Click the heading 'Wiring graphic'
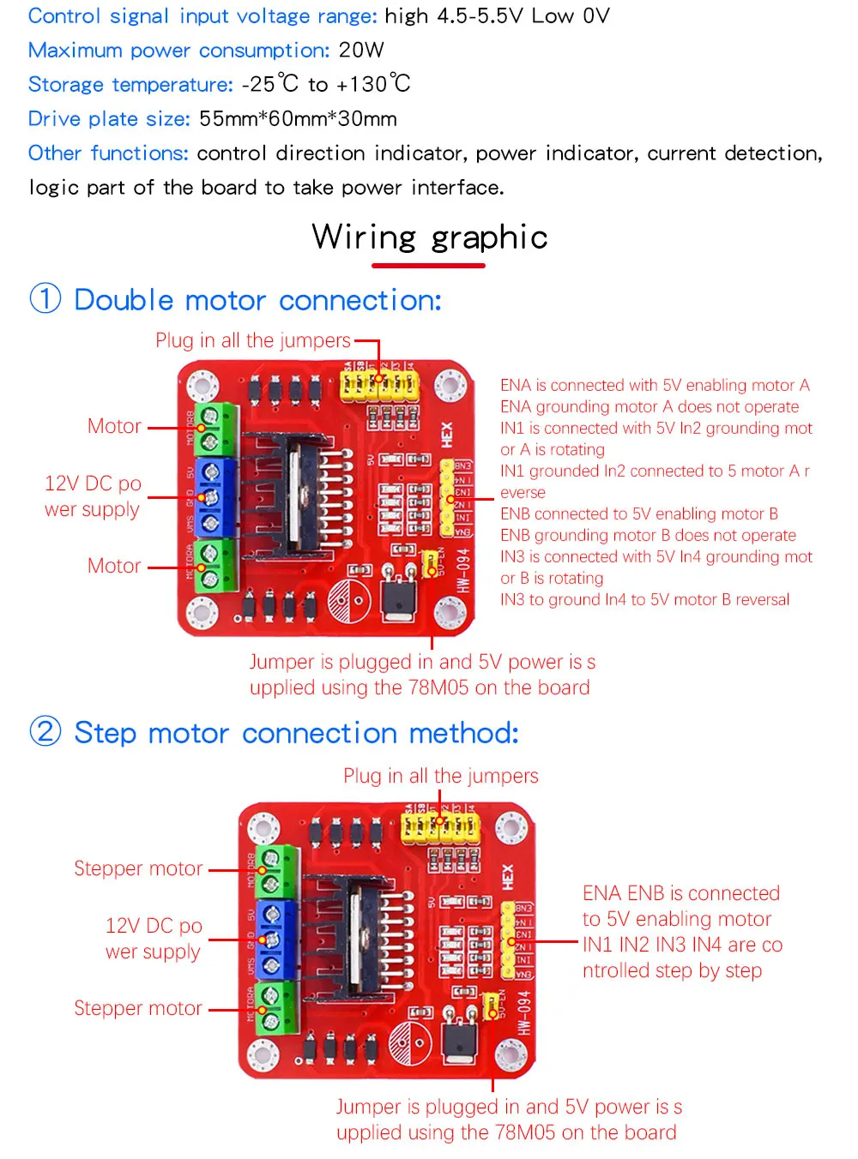[430, 237]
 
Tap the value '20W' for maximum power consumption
[361, 51]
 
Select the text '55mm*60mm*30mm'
[298, 119]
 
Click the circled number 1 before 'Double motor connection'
[45, 299]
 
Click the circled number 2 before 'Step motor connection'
[45, 732]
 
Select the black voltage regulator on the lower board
[460, 1039]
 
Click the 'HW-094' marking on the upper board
[462, 570]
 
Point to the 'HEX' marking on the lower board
[507, 876]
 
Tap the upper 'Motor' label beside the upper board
[114, 426]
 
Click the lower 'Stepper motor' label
[138, 1008]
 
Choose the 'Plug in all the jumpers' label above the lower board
[440, 776]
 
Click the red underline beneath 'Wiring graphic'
[428, 266]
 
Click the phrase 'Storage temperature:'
[130, 85]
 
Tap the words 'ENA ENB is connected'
[680, 893]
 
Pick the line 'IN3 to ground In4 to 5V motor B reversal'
[644, 600]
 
